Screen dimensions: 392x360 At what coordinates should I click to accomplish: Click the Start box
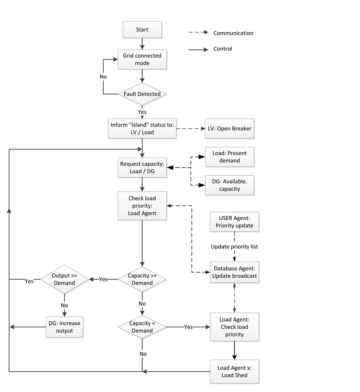142,30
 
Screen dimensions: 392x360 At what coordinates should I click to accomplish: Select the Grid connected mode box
142,59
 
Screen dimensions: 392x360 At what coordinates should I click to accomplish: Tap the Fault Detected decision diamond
142,94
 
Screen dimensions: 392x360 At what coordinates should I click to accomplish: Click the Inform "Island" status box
142,129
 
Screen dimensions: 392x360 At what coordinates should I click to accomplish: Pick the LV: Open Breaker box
229,129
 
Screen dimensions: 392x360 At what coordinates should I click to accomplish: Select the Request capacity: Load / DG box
142,167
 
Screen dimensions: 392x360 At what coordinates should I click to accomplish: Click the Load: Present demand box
229,157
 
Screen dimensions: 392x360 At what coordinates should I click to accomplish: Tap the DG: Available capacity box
229,185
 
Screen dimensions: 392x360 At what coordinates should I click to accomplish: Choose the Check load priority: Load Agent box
142,206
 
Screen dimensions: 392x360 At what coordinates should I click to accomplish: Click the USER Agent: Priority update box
234,222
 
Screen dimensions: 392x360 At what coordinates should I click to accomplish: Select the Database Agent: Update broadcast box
234,272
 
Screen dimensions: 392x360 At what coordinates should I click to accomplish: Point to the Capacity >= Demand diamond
142,279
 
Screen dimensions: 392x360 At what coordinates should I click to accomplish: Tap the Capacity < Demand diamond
142,327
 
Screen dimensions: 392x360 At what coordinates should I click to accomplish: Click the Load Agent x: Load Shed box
234,371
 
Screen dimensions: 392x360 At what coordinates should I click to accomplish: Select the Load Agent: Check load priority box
234,327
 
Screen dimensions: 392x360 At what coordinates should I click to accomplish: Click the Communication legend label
233,33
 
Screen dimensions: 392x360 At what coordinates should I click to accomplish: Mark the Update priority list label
234,247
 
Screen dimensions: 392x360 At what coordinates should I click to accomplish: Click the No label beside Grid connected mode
103,77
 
